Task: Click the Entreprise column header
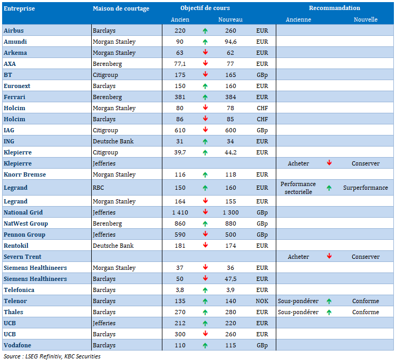pyautogui.click(x=19, y=8)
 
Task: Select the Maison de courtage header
pyautogui.click(x=121, y=8)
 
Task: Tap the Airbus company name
pyautogui.click(x=14, y=31)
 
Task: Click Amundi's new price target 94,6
pyautogui.click(x=230, y=42)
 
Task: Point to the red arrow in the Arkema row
pyautogui.click(x=205, y=52)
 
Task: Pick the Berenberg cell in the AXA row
pyautogui.click(x=108, y=64)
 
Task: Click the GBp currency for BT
pyautogui.click(x=262, y=75)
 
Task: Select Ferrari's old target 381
pyautogui.click(x=180, y=97)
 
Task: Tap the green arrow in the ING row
pyautogui.click(x=205, y=142)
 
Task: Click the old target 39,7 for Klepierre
pyautogui.click(x=180, y=152)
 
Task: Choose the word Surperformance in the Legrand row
pyautogui.click(x=365, y=188)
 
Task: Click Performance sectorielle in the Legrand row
pyautogui.click(x=298, y=188)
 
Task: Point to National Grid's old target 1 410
pyautogui.click(x=180, y=212)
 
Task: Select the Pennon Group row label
pyautogui.click(x=24, y=235)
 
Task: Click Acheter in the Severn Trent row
pyautogui.click(x=298, y=257)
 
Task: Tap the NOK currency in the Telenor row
pyautogui.click(x=262, y=301)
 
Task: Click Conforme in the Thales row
pyautogui.click(x=365, y=312)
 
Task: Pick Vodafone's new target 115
pyautogui.click(x=230, y=345)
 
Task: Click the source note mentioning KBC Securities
pyautogui.click(x=52, y=356)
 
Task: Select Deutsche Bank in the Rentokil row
pyautogui.click(x=113, y=246)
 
